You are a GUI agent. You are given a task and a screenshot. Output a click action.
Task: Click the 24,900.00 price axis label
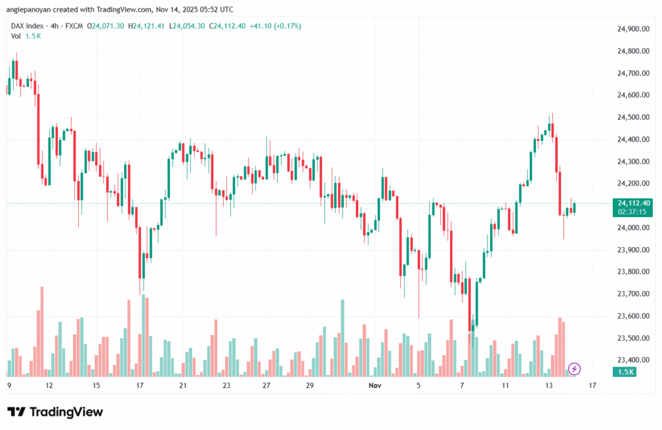point(633,29)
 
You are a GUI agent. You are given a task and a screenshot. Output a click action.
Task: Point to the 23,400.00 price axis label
point(633,360)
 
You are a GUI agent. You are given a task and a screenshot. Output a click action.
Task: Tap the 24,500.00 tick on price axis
point(633,117)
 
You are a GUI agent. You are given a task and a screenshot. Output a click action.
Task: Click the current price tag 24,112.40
point(634,202)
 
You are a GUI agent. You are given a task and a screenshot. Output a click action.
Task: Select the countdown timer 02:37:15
point(634,211)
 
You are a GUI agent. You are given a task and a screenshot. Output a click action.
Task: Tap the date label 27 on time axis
point(266,385)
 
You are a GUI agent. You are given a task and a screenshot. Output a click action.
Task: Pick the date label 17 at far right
point(592,385)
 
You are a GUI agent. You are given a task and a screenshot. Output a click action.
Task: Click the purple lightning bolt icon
point(575,369)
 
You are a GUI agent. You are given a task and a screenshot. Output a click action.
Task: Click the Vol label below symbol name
point(16,36)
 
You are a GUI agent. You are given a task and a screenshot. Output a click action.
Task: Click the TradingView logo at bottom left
point(55,412)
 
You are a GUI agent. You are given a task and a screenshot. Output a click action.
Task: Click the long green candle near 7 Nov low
point(477,305)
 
